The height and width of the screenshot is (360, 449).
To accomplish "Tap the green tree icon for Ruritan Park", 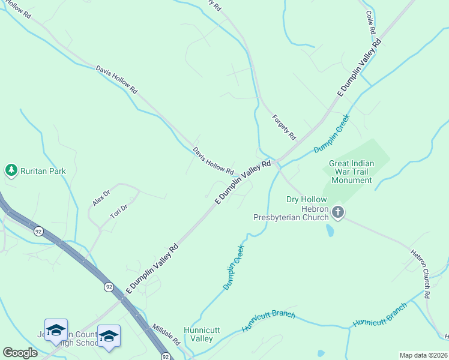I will pyautogui.click(x=11, y=171).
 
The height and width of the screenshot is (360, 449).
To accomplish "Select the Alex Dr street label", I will pyautogui.click(x=101, y=197).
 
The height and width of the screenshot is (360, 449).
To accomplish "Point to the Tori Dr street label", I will pyautogui.click(x=119, y=211).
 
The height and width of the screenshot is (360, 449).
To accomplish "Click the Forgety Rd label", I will pyautogui.click(x=284, y=127).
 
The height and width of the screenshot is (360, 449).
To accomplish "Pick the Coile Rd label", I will pyautogui.click(x=370, y=22).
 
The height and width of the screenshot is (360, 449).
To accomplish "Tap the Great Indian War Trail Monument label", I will pyautogui.click(x=351, y=172).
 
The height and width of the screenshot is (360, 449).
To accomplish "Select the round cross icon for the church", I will pyautogui.click(x=338, y=212).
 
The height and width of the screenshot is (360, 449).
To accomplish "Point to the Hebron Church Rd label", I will pyautogui.click(x=420, y=274).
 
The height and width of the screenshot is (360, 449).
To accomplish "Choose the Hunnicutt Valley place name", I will pyautogui.click(x=198, y=334).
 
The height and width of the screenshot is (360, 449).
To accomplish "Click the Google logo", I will pyautogui.click(x=20, y=353).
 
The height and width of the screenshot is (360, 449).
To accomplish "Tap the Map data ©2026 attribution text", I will pyautogui.click(x=423, y=355).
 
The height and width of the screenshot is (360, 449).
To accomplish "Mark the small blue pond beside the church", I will pyautogui.click(x=330, y=230).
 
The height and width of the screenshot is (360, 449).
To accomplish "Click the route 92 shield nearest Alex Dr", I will pyautogui.click(x=38, y=232).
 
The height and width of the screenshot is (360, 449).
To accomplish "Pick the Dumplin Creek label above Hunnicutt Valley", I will pyautogui.click(x=234, y=268).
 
